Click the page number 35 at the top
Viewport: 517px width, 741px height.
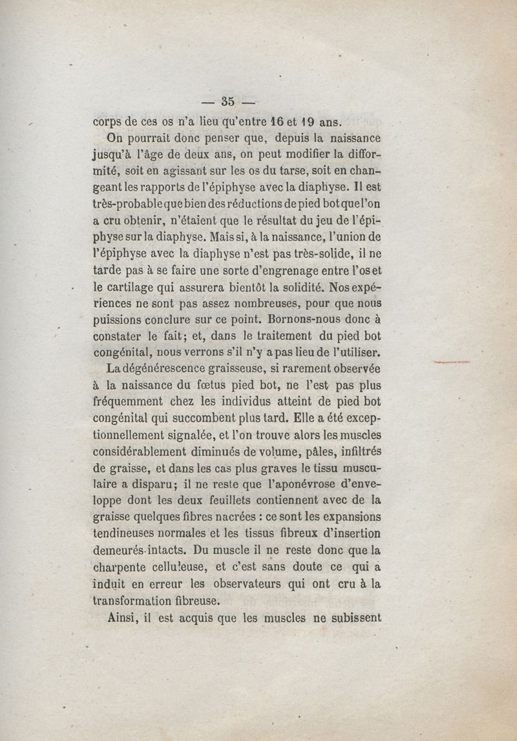tap(227, 101)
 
